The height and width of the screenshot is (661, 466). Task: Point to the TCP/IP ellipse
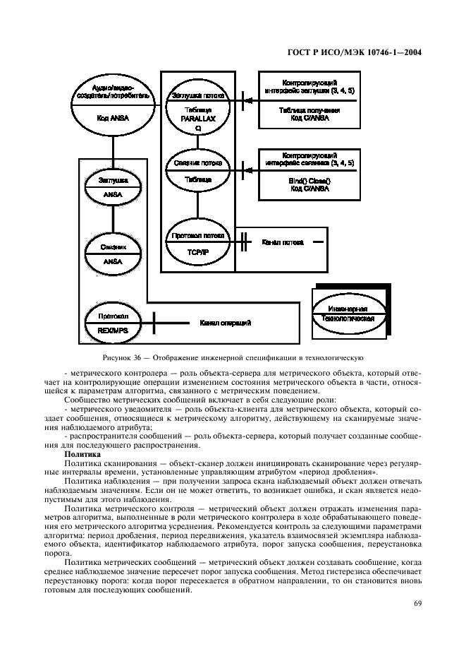click(x=197, y=241)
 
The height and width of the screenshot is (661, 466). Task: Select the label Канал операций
click(x=226, y=323)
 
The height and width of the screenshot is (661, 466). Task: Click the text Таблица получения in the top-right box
click(x=309, y=111)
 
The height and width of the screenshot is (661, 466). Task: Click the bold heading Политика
click(x=82, y=454)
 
